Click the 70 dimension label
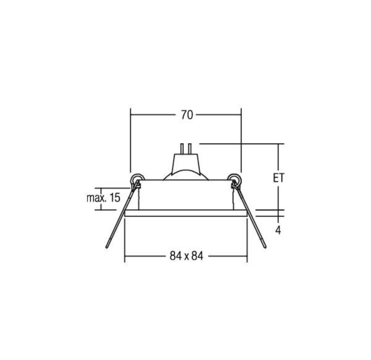[187, 115]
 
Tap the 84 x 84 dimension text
[187, 256]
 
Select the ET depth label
[279, 178]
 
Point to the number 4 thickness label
[278, 230]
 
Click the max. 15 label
[104, 198]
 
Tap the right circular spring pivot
[235, 179]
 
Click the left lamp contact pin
[182, 149]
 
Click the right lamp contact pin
[190, 149]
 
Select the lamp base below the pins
[185, 163]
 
